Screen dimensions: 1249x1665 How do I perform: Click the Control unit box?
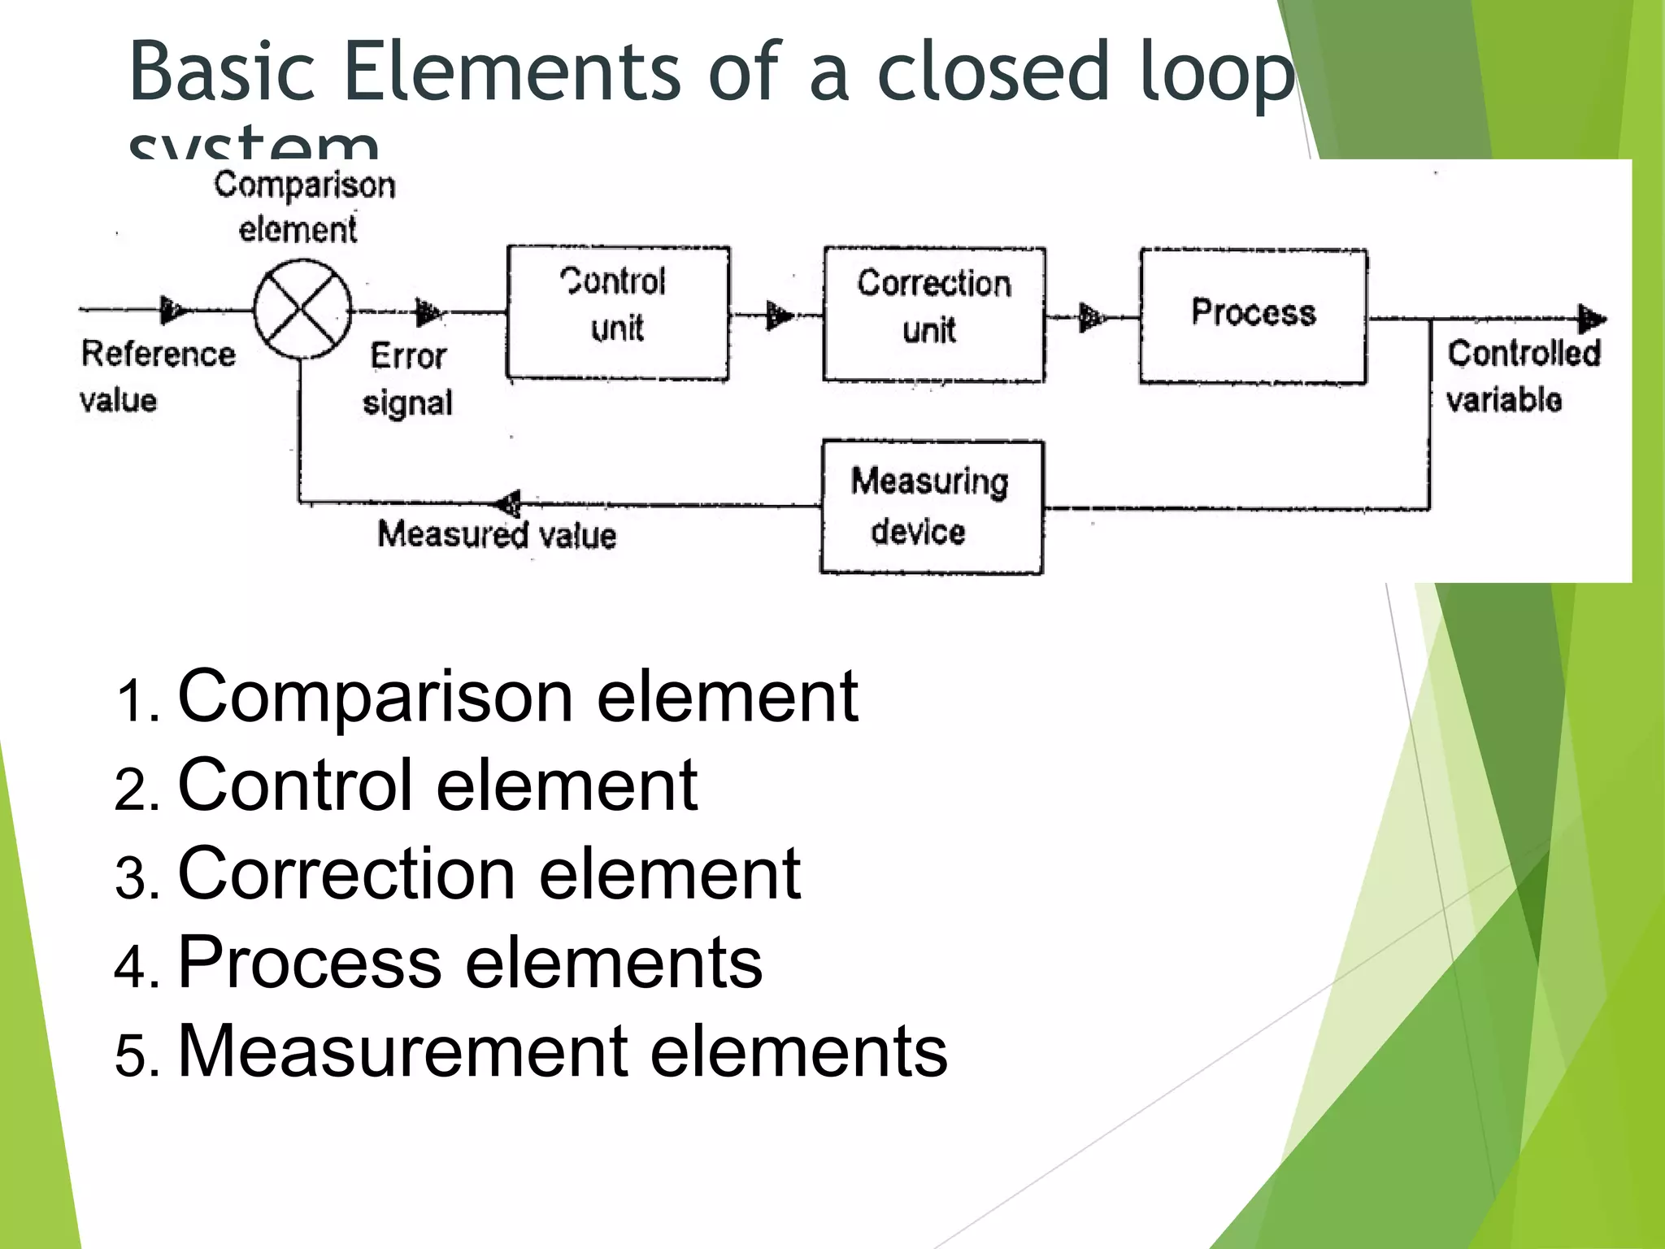coord(618,313)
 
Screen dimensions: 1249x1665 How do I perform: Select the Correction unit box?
coord(934,315)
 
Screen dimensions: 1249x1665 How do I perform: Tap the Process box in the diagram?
coord(1253,316)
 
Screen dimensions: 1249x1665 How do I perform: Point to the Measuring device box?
coord(932,507)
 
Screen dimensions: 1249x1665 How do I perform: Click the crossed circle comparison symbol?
coord(302,309)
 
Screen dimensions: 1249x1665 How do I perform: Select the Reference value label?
coord(157,376)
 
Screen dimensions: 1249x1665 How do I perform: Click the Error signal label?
coord(407,379)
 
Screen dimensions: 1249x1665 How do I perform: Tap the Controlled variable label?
coord(1523,376)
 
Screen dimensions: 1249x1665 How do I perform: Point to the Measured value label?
coord(497,535)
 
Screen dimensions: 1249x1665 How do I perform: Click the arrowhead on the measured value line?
coord(508,503)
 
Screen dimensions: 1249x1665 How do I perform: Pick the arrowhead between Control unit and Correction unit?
coord(779,315)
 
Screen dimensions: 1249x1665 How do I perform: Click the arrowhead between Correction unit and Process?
coord(1092,317)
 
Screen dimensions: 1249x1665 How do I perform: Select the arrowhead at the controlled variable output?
coord(1591,319)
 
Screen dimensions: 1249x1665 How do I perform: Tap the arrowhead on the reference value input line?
coord(172,309)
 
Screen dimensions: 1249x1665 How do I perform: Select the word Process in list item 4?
coord(310,962)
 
